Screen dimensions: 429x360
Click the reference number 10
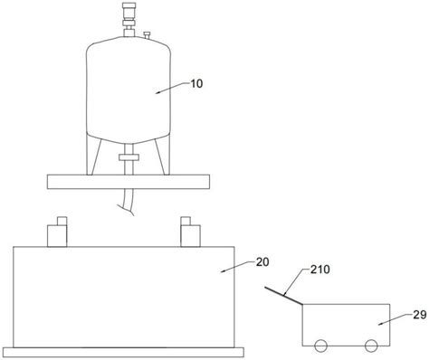[x=196, y=83]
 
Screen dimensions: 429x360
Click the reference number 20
[x=262, y=262]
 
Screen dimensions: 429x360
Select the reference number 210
[x=320, y=270]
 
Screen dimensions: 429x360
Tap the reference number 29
[x=420, y=315]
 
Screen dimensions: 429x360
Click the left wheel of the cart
[x=320, y=346]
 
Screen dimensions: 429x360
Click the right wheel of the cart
[x=371, y=346]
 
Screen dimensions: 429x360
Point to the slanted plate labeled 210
[x=283, y=295]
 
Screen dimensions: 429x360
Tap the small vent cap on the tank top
[x=147, y=35]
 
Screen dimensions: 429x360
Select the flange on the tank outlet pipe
[x=129, y=157]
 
